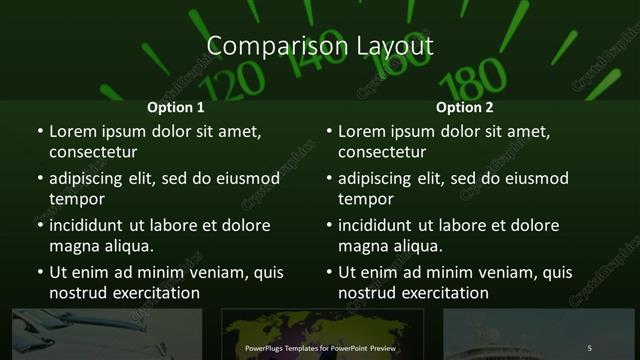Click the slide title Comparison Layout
[320, 46]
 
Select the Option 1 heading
[176, 107]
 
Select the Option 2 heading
[465, 107]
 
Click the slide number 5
[590, 347]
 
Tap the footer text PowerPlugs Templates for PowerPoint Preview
[321, 347]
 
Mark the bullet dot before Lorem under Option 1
[40, 131]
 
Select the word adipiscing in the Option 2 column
[379, 178]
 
